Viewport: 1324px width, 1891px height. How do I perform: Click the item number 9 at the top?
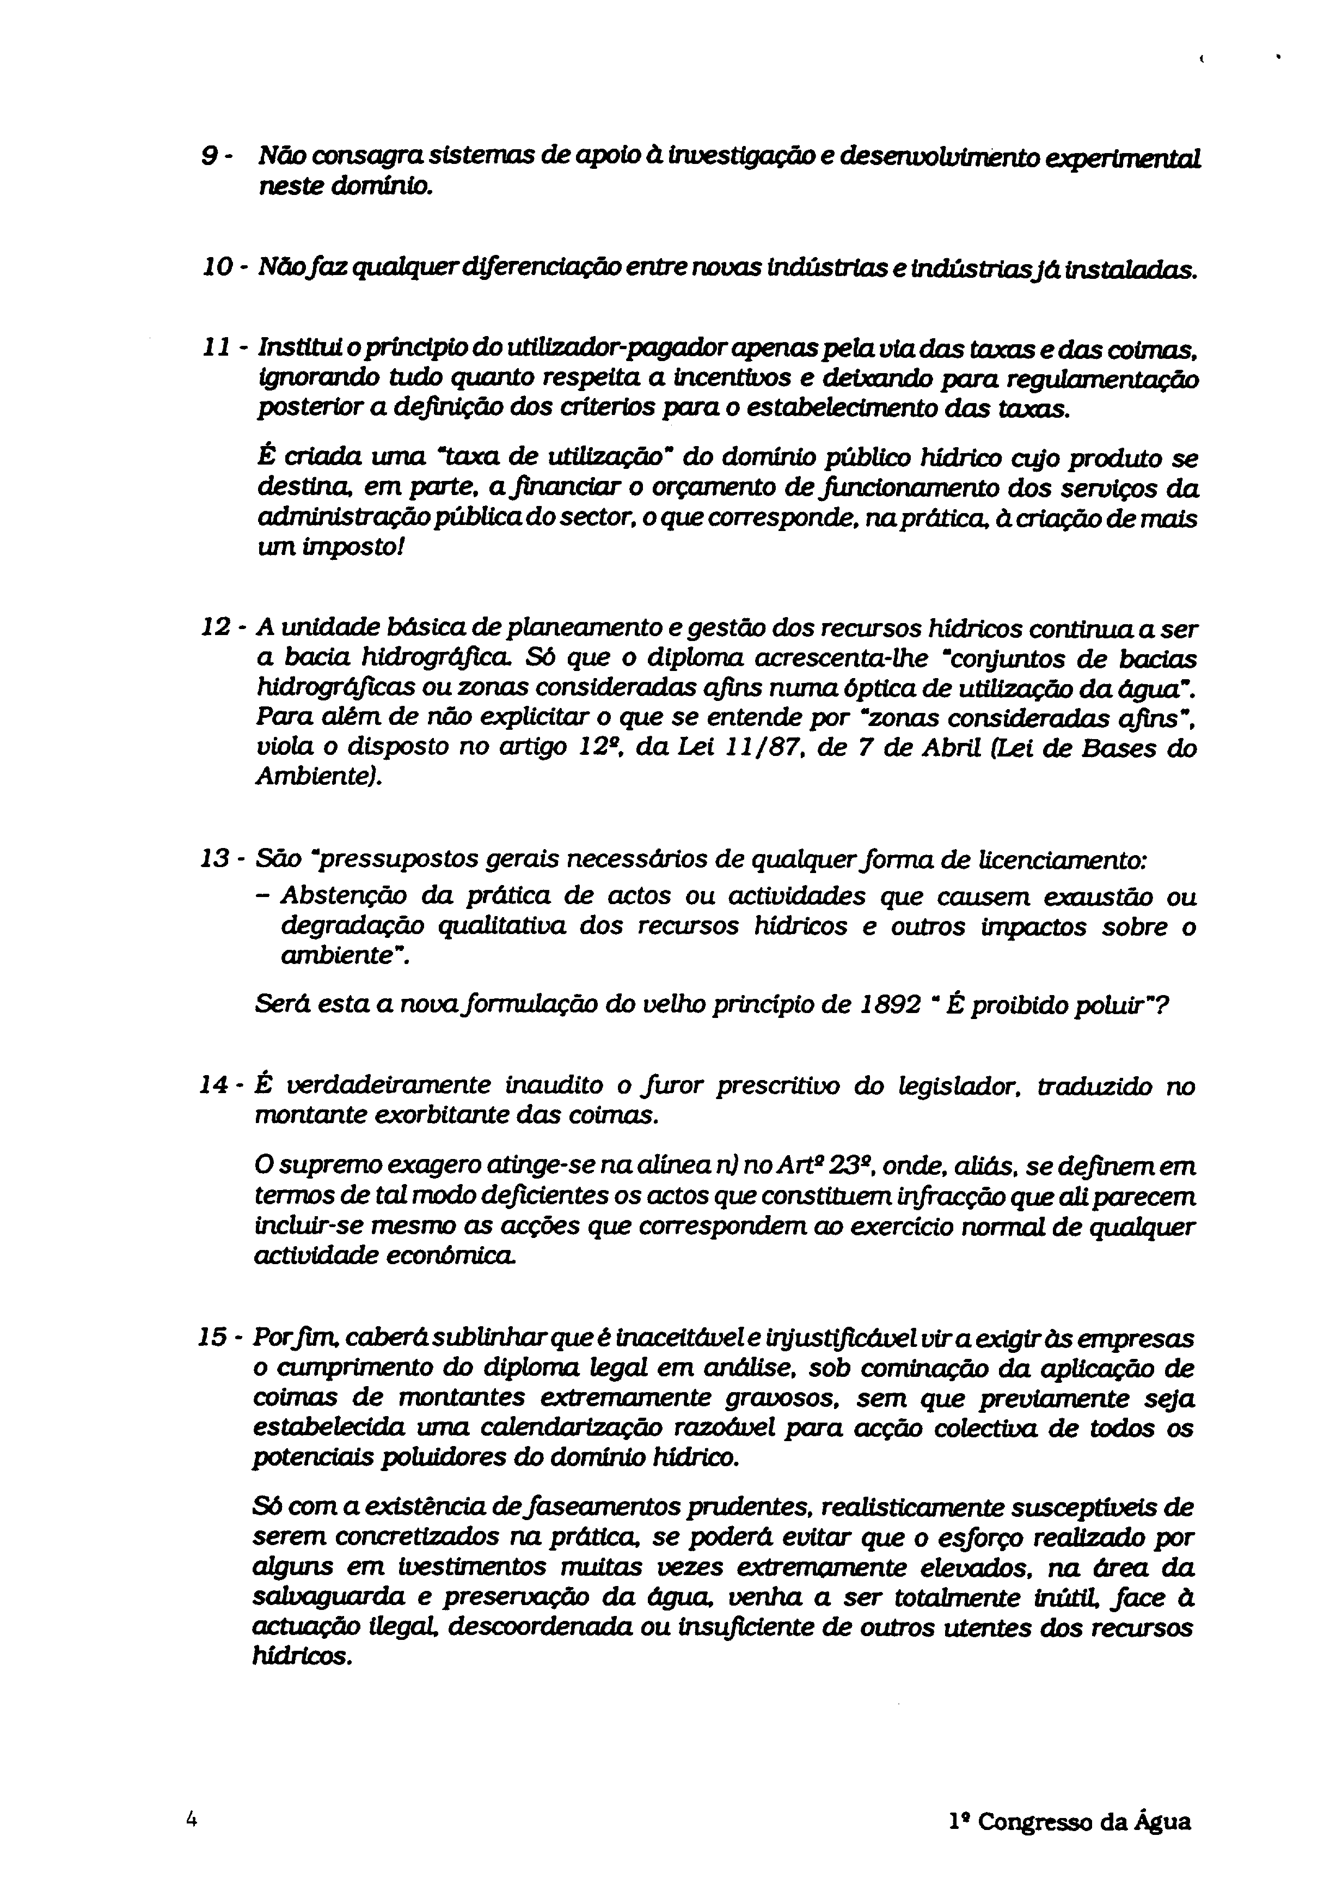coord(209,156)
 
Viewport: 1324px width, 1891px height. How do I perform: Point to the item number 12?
coord(216,629)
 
